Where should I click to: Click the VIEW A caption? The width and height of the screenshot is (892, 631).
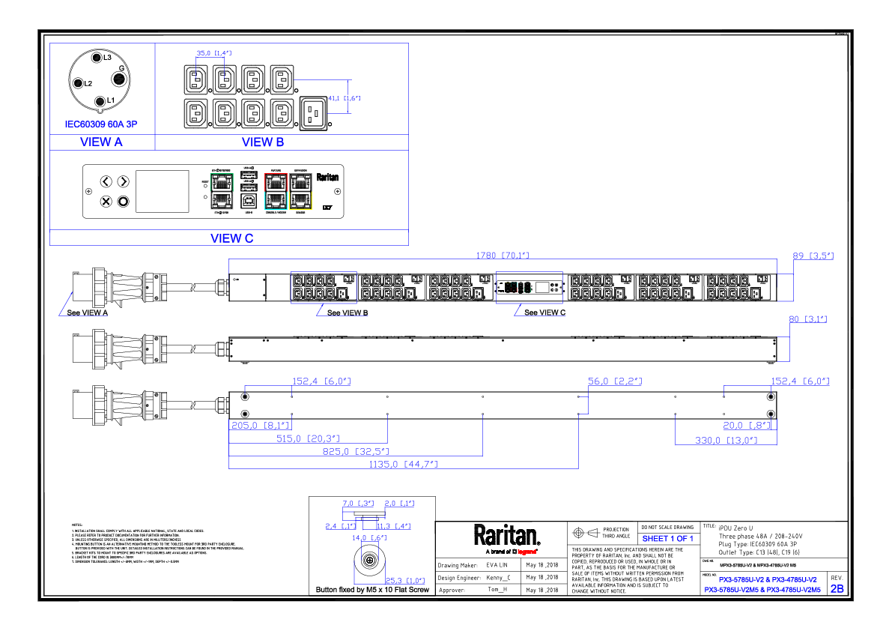point(101,142)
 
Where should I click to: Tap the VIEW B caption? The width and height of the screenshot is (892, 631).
point(263,142)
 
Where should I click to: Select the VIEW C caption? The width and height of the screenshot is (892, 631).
point(231,238)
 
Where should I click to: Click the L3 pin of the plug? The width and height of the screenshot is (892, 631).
point(96,58)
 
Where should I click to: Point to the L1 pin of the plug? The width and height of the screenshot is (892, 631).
point(100,100)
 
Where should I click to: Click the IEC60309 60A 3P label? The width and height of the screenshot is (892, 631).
point(100,124)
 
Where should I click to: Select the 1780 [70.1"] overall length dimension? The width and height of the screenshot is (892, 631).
point(503,256)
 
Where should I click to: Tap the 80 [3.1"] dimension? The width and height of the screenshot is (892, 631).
point(807,319)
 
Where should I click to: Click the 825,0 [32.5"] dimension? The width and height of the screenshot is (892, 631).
point(356,451)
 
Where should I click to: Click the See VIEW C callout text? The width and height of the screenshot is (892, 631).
point(544,313)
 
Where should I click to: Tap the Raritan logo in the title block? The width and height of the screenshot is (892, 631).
point(506,535)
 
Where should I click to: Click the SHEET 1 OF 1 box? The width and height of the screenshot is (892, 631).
point(668,538)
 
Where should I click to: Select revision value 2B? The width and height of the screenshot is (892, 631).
point(837,589)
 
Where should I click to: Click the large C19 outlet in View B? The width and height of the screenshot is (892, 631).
point(314,113)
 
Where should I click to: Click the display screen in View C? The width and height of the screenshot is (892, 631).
point(162,191)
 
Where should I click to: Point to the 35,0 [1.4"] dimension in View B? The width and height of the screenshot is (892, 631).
point(214,53)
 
